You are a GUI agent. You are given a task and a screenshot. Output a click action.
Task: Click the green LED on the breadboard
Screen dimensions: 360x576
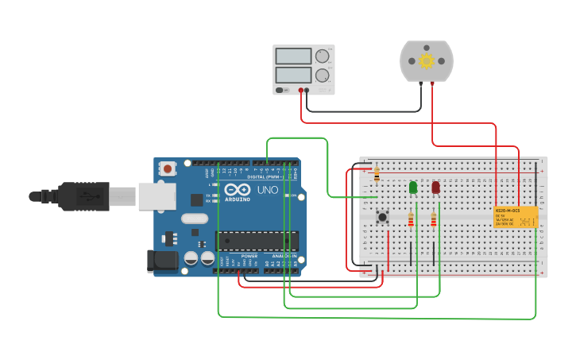click(x=413, y=188)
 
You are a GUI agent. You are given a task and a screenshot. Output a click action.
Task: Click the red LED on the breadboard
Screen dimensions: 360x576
click(x=435, y=187)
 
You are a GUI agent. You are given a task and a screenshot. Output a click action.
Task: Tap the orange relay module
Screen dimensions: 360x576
click(x=516, y=218)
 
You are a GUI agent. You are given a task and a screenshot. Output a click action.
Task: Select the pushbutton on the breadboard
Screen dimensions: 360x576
click(x=382, y=216)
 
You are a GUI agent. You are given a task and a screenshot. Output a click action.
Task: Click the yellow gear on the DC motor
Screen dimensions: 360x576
click(x=427, y=61)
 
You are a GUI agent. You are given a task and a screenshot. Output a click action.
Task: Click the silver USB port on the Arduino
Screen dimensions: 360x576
click(x=157, y=195)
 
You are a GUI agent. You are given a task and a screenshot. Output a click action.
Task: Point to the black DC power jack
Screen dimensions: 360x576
click(x=162, y=261)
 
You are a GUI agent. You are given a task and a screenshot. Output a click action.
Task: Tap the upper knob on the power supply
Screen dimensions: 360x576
click(x=322, y=56)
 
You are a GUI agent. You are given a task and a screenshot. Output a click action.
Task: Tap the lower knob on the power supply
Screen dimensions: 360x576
click(x=322, y=75)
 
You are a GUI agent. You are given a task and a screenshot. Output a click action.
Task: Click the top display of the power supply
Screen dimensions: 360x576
click(x=292, y=56)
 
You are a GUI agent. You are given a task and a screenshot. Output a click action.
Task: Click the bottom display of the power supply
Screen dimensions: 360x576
click(x=292, y=75)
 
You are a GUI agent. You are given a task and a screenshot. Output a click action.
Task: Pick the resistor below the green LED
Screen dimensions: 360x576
click(x=411, y=219)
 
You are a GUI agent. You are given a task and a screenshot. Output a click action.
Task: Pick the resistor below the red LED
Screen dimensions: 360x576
click(x=434, y=219)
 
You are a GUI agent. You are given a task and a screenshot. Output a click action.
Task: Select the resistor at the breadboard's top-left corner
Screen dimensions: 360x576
click(x=377, y=174)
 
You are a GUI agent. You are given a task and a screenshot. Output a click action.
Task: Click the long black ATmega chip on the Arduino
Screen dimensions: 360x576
click(x=257, y=240)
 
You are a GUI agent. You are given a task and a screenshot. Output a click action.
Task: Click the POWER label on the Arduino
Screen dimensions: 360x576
click(x=249, y=257)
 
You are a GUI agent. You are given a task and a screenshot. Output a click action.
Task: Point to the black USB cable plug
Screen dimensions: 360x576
click(x=83, y=196)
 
